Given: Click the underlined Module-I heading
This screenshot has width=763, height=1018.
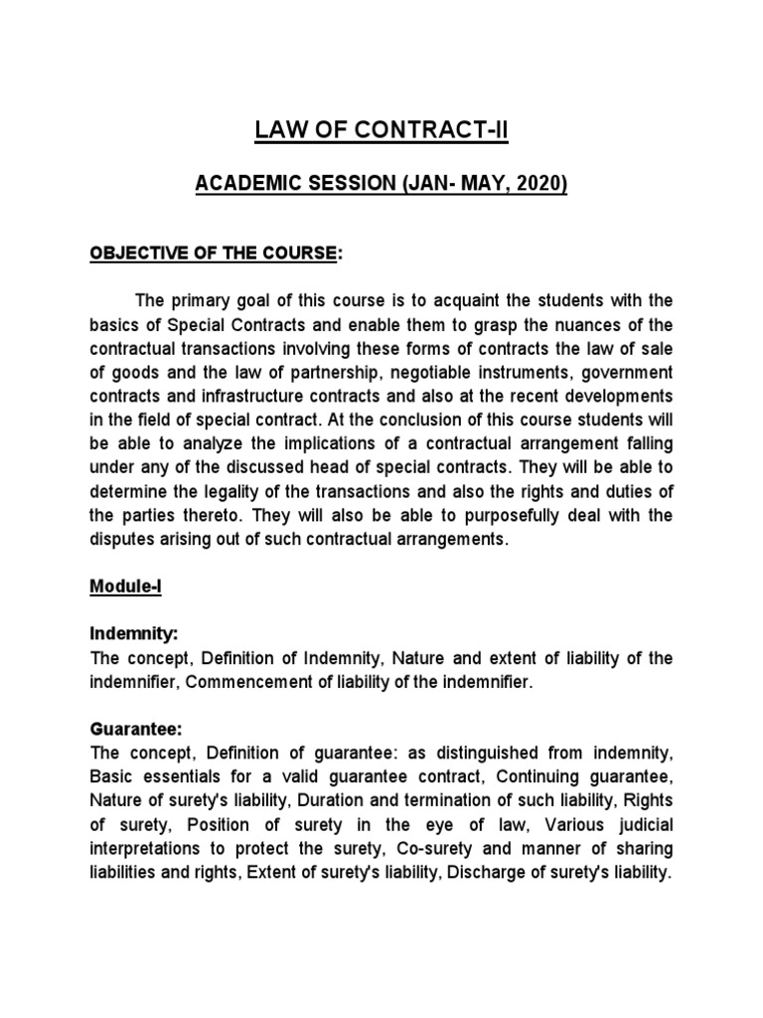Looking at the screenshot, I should point(125,589).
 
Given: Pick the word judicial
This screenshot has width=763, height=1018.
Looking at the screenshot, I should point(643,825).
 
